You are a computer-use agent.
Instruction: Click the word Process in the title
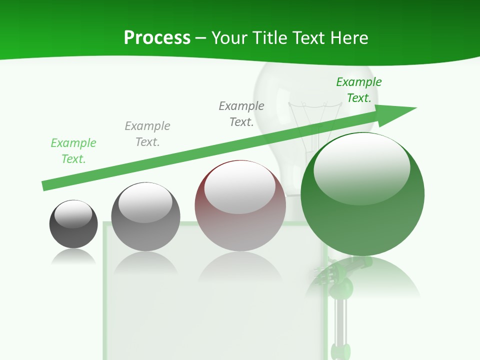157,38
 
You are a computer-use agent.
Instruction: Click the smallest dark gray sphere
73,224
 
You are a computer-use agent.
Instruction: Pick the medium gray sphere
145,216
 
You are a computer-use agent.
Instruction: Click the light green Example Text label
73,151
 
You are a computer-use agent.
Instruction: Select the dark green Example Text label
359,90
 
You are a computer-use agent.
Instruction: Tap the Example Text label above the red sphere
241,114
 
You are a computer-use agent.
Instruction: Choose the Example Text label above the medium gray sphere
147,134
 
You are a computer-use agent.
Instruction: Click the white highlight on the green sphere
361,167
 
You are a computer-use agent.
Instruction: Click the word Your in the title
229,38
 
